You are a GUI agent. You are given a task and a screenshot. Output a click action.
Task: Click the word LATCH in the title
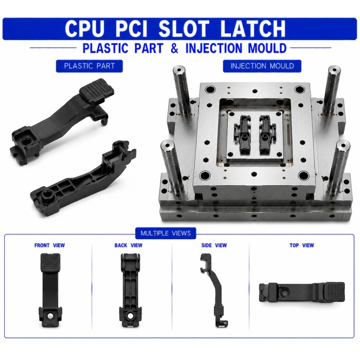point(253,29)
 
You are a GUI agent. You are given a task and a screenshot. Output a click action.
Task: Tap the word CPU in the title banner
point(84,29)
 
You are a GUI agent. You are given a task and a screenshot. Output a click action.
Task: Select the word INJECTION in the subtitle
point(214,48)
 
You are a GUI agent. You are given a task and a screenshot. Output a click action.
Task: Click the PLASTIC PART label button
point(89,66)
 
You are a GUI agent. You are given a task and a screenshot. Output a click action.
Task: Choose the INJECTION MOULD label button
point(262,66)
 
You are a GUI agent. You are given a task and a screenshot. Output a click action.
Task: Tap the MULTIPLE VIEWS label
point(166,233)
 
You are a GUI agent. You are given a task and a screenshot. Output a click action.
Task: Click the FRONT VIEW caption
point(49,245)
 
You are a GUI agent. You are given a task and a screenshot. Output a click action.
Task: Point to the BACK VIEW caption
point(129,245)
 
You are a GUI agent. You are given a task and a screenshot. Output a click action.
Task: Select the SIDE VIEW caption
point(214,245)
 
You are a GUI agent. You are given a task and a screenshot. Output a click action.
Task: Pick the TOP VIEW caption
point(302,245)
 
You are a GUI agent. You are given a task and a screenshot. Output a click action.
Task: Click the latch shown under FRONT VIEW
point(50,290)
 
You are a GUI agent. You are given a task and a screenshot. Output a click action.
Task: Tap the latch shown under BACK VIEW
point(130,290)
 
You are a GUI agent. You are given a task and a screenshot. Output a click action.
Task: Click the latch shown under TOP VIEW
point(302,292)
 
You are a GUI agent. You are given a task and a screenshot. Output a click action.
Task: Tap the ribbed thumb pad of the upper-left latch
point(97,90)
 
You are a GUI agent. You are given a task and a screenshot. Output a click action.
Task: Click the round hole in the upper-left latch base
point(25,141)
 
